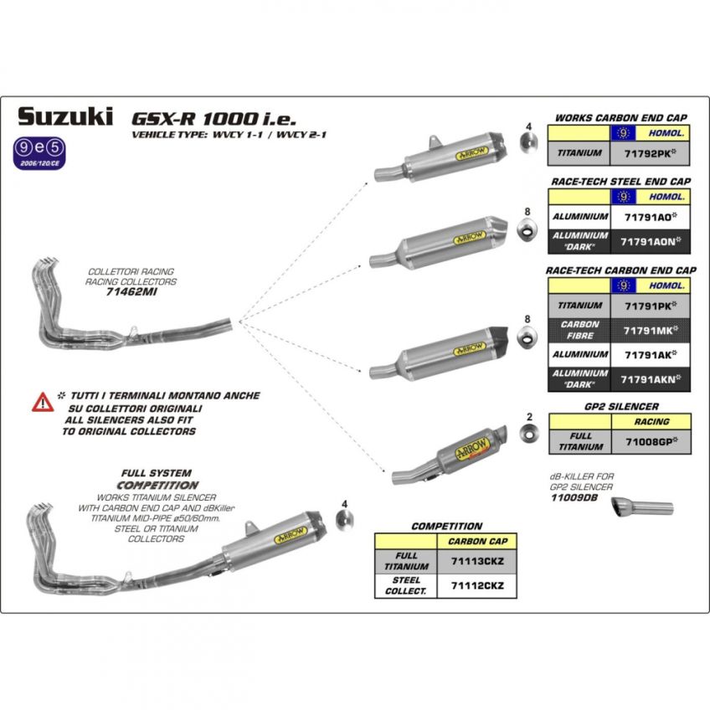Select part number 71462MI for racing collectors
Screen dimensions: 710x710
[131, 293]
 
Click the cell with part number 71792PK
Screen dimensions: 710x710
[652, 154]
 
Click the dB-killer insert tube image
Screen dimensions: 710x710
[641, 507]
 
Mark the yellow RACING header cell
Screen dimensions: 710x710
[652, 421]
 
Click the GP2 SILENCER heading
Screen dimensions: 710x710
[620, 407]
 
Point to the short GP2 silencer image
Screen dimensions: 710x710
[452, 457]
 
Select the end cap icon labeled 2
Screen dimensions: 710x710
[528, 433]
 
